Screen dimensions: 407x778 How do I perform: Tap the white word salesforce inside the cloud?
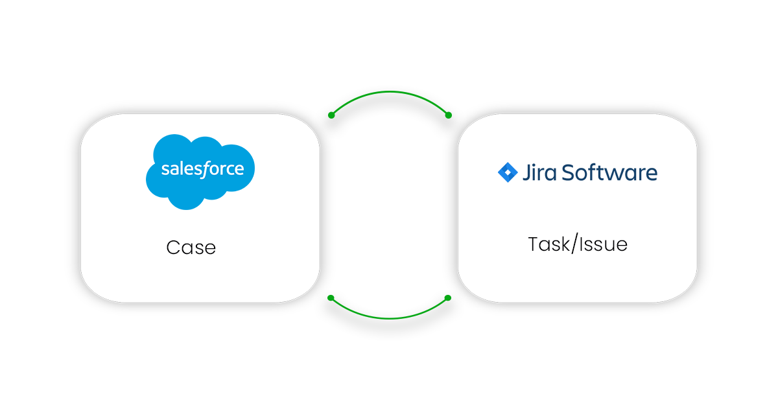(202, 170)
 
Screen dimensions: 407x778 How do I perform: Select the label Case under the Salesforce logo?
(191, 248)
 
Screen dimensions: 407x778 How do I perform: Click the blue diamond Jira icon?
(507, 172)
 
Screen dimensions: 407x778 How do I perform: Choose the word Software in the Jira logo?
(609, 173)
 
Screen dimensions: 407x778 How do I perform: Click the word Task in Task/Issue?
(546, 244)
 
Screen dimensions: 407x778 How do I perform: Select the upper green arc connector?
(389, 93)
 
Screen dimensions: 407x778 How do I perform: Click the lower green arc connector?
(389, 318)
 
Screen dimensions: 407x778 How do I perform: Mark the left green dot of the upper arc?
(331, 115)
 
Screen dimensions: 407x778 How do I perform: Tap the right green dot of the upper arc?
(448, 115)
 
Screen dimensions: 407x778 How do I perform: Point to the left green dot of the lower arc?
(331, 298)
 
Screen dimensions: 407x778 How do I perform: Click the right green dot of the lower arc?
(448, 298)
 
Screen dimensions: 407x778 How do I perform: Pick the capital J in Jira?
(525, 173)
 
